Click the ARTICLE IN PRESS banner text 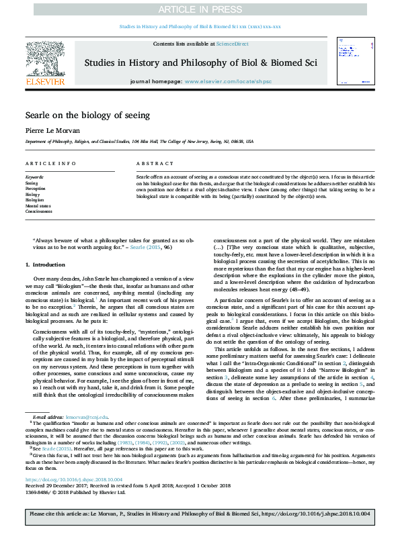click(200, 9)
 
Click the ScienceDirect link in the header click(232, 44)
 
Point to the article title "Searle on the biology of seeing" click(83, 115)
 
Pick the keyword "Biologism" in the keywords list click(35, 200)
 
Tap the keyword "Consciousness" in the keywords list click(39, 211)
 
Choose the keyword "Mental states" click(38, 206)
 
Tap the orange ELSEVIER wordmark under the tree click(45, 81)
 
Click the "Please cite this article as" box click(200, 515)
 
